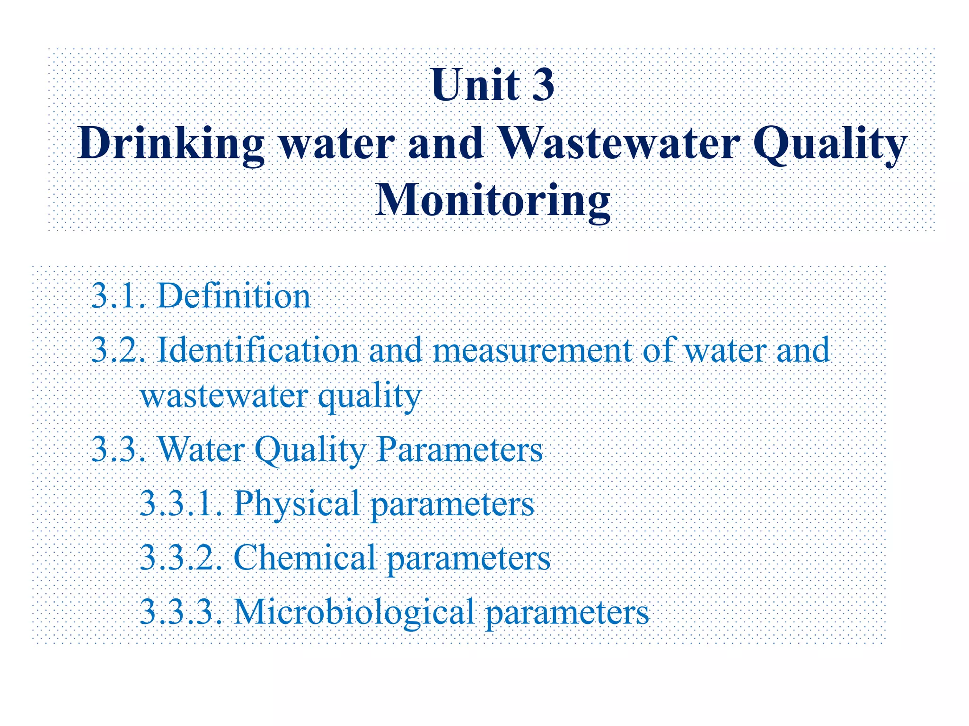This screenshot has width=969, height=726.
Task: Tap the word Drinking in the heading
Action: click(x=171, y=144)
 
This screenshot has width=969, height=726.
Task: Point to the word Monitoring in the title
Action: click(x=493, y=201)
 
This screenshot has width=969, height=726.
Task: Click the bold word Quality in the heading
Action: click(x=829, y=144)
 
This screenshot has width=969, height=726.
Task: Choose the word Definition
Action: click(x=234, y=296)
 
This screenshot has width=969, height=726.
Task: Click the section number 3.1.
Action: click(x=119, y=296)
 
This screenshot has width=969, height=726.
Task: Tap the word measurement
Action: click(x=532, y=351)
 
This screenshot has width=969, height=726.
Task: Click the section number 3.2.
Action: click(x=119, y=350)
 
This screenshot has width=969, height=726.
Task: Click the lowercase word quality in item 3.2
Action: click(x=370, y=397)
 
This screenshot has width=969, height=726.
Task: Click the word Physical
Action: click(x=297, y=503)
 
